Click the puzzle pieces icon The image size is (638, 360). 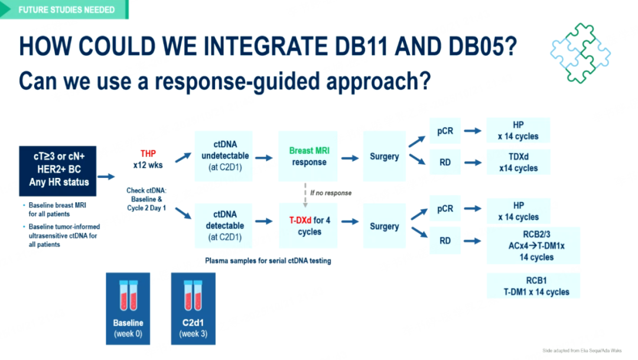580,53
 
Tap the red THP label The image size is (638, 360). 148,154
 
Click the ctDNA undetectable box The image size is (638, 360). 223,156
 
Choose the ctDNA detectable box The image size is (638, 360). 223,226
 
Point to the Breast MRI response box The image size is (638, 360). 308,156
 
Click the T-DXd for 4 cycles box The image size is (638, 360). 308,226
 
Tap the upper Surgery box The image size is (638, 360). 384,157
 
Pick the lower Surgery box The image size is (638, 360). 384,226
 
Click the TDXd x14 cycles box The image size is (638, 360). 518,163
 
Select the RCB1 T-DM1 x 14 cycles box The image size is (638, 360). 533,286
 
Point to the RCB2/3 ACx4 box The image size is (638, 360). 533,245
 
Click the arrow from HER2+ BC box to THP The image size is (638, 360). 106,176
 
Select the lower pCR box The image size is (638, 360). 445,209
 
